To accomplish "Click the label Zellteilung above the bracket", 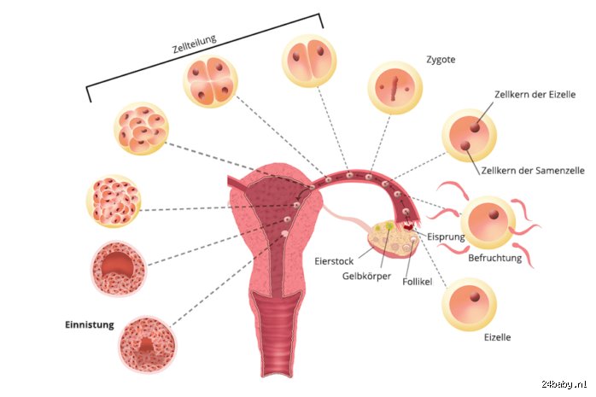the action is click(x=194, y=44).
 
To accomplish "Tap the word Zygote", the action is click(x=441, y=60).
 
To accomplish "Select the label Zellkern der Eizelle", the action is click(x=535, y=94).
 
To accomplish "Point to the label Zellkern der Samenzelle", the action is click(x=533, y=170).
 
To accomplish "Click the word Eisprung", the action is click(x=446, y=236).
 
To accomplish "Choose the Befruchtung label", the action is click(x=494, y=258).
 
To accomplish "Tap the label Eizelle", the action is click(x=497, y=337).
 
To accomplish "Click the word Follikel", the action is click(x=417, y=282).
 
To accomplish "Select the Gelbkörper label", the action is click(x=366, y=276).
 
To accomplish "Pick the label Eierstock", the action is click(x=334, y=261).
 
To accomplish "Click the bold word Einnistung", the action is click(x=90, y=324).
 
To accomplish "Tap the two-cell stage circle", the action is click(x=309, y=61).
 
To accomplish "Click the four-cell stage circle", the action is click(x=211, y=81).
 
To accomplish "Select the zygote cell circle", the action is click(x=395, y=88).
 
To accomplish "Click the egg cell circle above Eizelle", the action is click(x=469, y=304).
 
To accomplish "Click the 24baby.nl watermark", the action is click(x=564, y=384).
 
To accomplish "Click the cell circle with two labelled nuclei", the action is click(x=469, y=136).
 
